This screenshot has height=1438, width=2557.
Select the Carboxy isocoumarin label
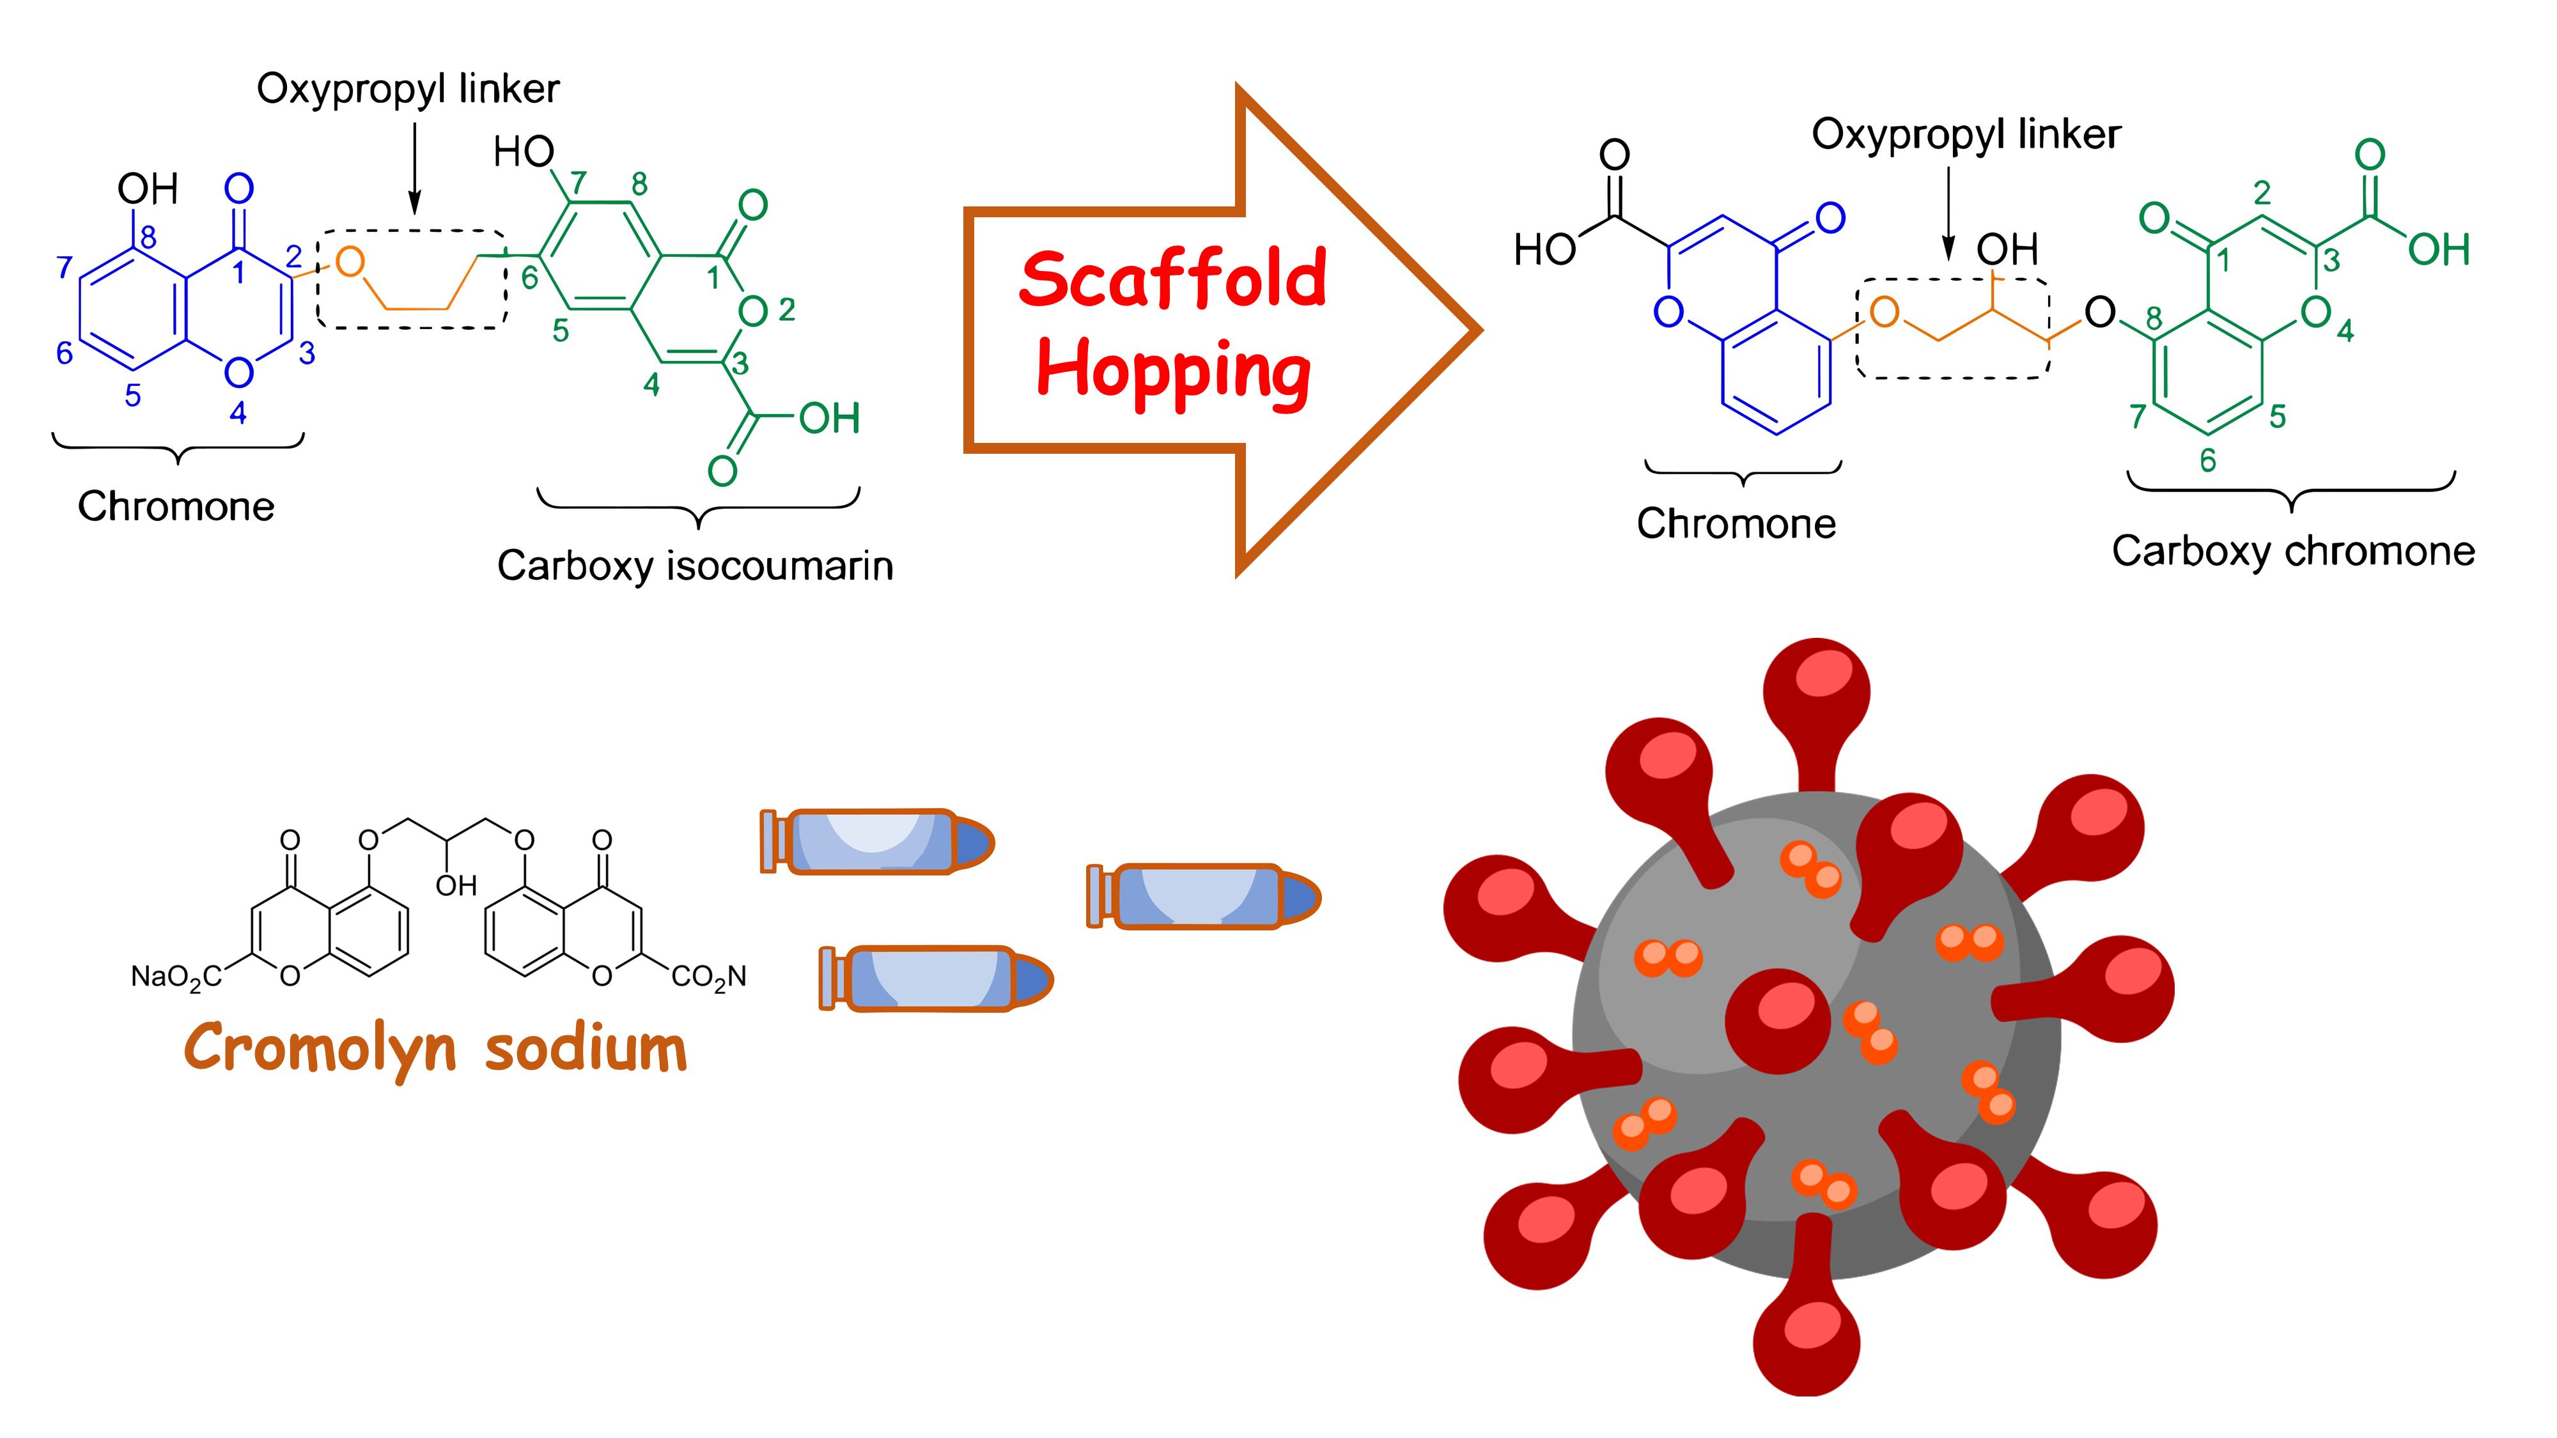pyautogui.click(x=695, y=566)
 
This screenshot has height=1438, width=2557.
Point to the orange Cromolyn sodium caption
pyautogui.click(x=435, y=1049)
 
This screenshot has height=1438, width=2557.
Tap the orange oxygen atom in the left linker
pyautogui.click(x=350, y=262)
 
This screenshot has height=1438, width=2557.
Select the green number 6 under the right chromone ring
pyautogui.click(x=2207, y=460)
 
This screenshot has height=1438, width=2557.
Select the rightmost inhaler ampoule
pyautogui.click(x=1203, y=896)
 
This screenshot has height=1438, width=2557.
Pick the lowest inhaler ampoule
pyautogui.click(x=935, y=978)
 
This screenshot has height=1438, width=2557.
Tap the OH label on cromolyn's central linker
pyautogui.click(x=456, y=885)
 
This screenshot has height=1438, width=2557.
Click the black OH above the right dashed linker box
pyautogui.click(x=2007, y=249)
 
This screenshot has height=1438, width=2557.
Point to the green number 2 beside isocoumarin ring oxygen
pyautogui.click(x=787, y=311)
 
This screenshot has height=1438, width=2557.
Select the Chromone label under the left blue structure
pyautogui.click(x=176, y=506)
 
